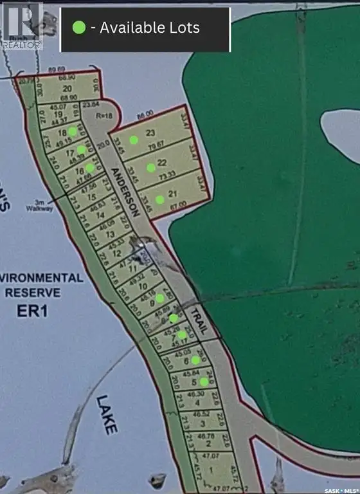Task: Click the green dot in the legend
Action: coord(78,28)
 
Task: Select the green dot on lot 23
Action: coord(134,140)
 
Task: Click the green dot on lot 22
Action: coord(150,168)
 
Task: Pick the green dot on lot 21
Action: coord(159,199)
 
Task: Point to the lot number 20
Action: coord(66,89)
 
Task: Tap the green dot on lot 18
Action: coord(73,131)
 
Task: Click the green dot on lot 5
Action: coord(204,381)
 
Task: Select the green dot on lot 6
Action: coord(195,360)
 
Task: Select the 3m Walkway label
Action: coord(38,206)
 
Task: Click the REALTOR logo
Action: coord(22,26)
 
